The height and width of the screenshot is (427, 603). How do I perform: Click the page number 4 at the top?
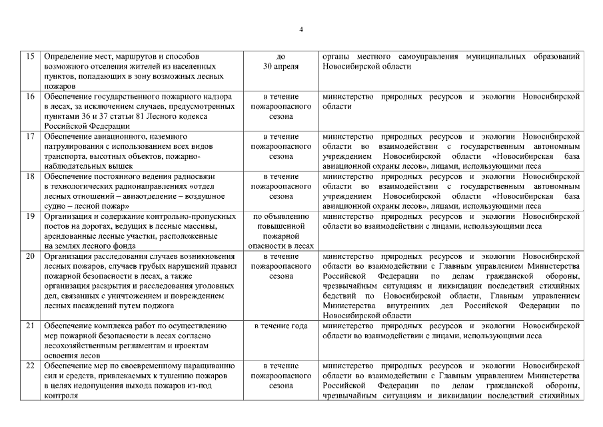point(301,29)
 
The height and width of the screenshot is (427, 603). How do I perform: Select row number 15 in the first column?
point(30,57)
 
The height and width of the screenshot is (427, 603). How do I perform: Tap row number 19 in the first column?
point(30,216)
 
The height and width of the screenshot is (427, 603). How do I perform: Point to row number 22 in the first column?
point(30,366)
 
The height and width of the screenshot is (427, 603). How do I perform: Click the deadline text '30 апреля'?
point(281,67)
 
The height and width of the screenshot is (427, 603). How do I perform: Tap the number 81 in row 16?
point(137,116)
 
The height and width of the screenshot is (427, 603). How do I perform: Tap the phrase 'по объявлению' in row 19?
point(281,216)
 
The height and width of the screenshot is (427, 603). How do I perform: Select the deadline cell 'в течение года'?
point(281,326)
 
